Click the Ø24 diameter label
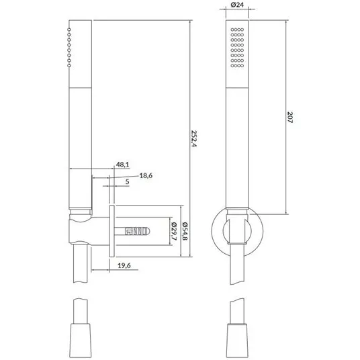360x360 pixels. (237, 5)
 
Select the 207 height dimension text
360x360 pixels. (290, 118)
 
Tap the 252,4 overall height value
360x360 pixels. (194, 138)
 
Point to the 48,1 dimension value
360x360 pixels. (122, 165)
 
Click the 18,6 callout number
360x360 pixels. (146, 176)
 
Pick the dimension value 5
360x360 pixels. (127, 182)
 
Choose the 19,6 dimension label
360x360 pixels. (124, 266)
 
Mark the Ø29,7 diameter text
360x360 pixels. (174, 231)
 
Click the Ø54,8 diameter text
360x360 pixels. (185, 231)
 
